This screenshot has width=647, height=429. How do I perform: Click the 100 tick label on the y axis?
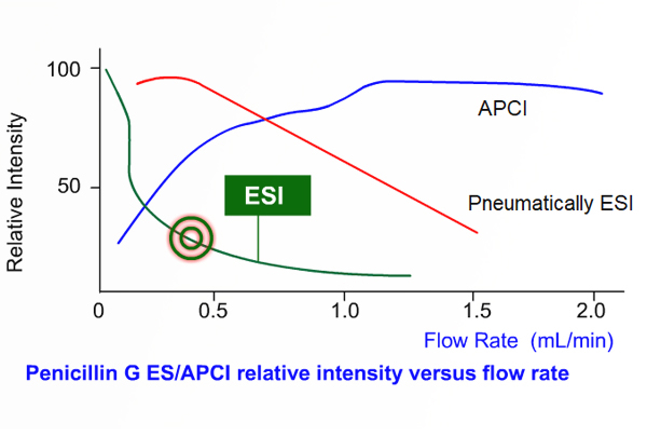[64, 70]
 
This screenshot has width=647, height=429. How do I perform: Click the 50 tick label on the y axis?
[69, 187]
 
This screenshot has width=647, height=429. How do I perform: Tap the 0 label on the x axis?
[99, 311]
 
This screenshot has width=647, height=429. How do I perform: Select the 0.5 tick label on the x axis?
[213, 311]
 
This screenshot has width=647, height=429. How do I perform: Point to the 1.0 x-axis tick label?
[345, 311]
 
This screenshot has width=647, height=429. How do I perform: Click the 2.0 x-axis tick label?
[591, 311]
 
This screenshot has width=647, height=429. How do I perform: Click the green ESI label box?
[268, 195]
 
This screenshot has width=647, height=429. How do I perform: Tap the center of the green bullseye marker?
[191, 238]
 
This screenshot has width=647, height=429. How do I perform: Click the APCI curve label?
[503, 109]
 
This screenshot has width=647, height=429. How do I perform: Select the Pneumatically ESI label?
[550, 203]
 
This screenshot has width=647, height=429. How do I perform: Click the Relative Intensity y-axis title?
[15, 192]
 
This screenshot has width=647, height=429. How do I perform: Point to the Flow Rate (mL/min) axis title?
[518, 341]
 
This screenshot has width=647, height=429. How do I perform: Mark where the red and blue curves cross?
[265, 119]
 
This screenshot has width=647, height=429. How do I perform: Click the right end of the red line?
[477, 232]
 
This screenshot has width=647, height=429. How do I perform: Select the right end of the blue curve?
[602, 93]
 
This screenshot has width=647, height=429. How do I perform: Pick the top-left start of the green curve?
[106, 70]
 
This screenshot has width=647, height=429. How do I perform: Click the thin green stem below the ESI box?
[258, 239]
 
